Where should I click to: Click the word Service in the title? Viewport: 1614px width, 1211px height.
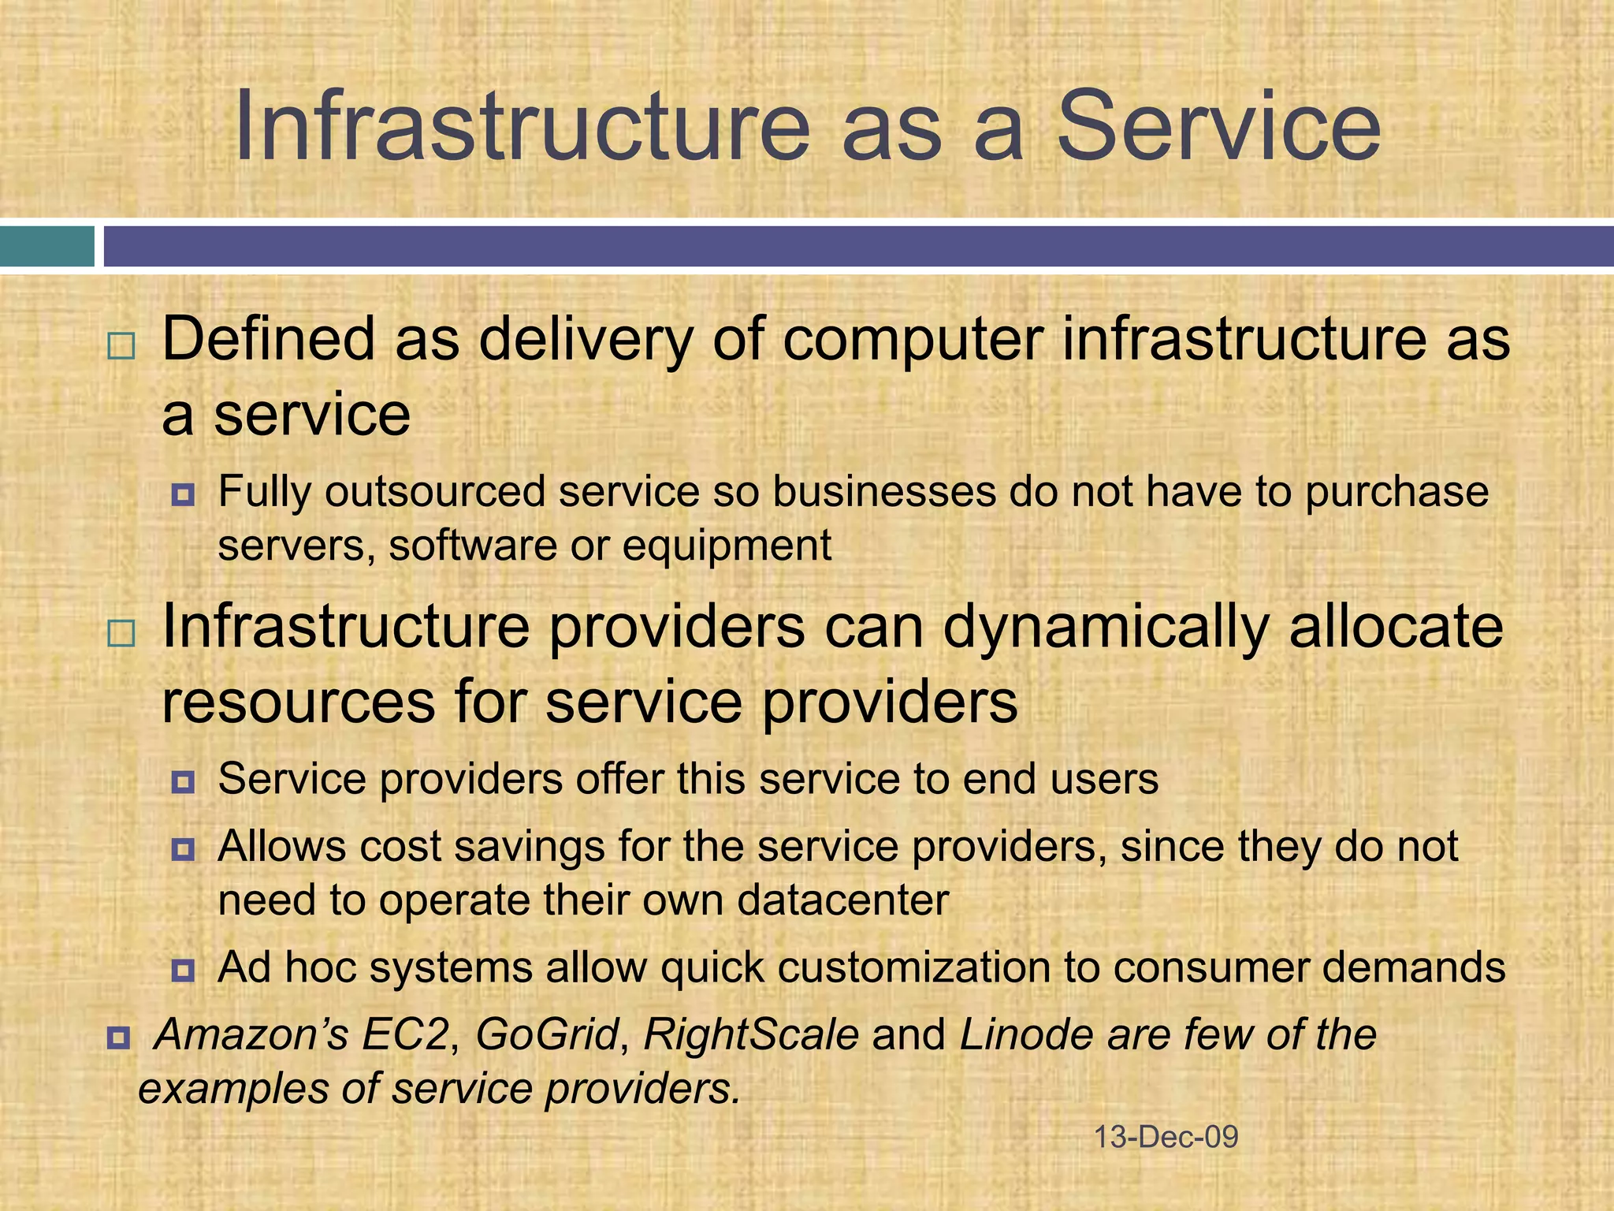pos(1218,126)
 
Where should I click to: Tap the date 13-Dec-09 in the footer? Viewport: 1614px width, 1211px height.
pos(1166,1137)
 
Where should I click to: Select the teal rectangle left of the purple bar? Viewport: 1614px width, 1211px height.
pos(46,246)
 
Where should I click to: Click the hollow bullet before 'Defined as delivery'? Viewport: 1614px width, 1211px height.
pos(121,346)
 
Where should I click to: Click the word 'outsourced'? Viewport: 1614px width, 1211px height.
pos(433,492)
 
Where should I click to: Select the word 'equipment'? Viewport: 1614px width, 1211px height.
pos(727,546)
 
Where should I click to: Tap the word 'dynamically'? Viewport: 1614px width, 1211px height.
pos(1106,628)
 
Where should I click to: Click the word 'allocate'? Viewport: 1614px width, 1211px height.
pos(1396,626)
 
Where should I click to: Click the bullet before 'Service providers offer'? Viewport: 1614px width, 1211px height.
pos(183,781)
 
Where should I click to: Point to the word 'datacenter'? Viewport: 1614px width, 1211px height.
pos(842,900)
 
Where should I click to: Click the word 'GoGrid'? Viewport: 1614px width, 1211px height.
pos(547,1034)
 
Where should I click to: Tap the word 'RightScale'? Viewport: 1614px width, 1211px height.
pos(750,1034)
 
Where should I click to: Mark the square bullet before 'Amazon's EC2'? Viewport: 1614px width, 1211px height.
pos(118,1037)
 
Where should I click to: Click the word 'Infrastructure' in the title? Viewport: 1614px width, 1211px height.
pos(522,126)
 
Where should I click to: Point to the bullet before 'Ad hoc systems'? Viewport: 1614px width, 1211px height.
pos(183,970)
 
